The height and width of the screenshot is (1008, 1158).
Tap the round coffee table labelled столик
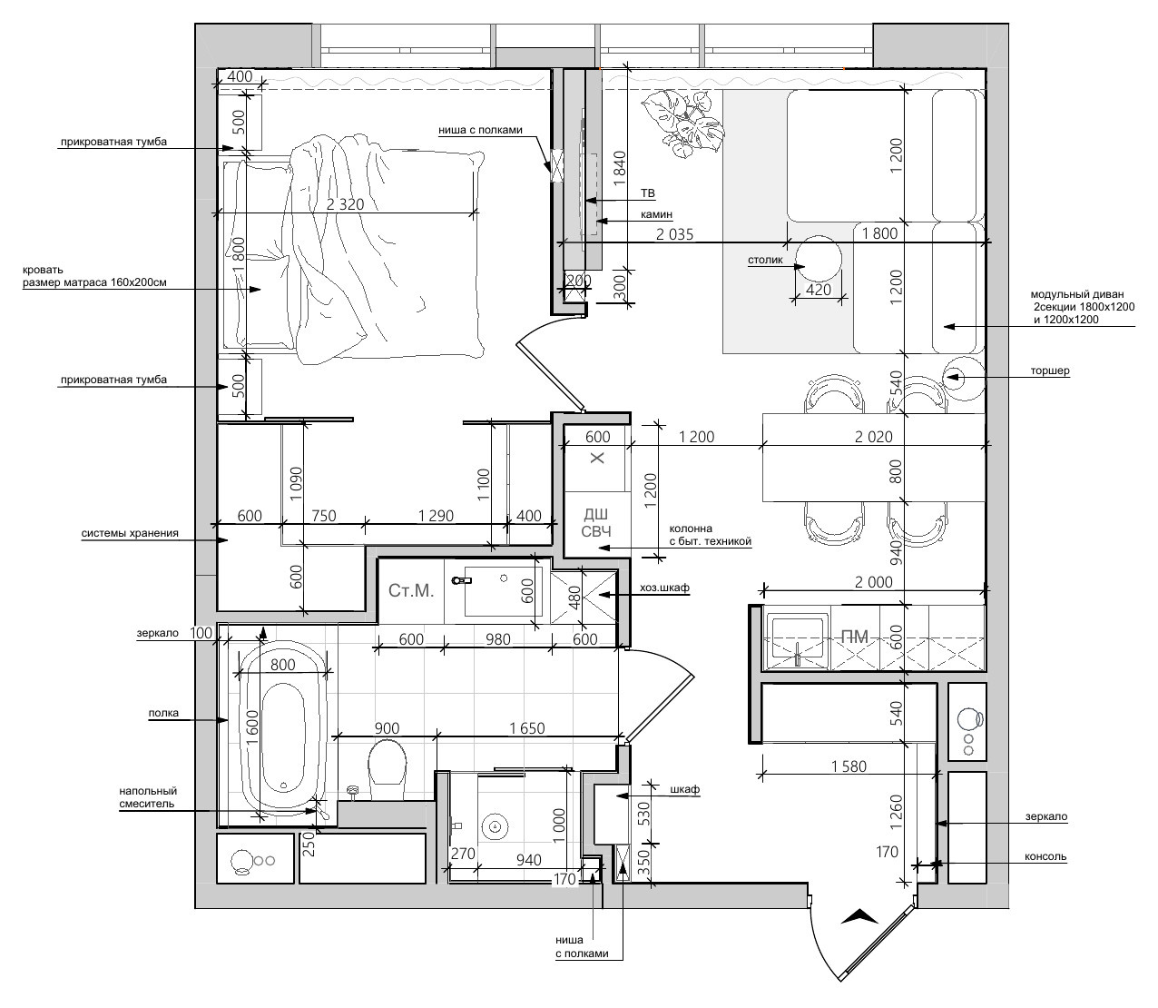click(x=818, y=259)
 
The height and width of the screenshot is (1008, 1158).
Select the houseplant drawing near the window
click(x=683, y=122)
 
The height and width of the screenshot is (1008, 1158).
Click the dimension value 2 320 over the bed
click(x=345, y=203)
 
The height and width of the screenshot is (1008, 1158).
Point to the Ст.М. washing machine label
click(x=411, y=590)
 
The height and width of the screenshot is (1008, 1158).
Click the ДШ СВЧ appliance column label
click(x=596, y=523)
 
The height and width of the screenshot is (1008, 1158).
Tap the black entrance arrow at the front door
click(x=859, y=932)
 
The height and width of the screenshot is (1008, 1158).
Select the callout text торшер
click(x=1050, y=371)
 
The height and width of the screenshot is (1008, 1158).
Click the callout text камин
click(x=656, y=214)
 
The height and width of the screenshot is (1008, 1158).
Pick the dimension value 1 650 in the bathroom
click(x=526, y=728)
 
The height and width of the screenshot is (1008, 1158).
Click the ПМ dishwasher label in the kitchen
click(x=854, y=637)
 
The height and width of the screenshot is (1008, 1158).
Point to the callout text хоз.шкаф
click(x=664, y=588)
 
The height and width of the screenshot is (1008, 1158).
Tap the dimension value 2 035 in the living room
click(x=674, y=234)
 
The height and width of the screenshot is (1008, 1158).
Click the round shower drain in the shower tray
click(x=496, y=827)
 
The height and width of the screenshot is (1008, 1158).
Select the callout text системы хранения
click(x=130, y=533)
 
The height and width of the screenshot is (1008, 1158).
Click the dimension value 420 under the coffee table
click(x=818, y=290)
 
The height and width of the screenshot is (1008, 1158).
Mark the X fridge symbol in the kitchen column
click(x=597, y=458)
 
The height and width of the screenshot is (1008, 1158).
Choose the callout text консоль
click(x=1045, y=857)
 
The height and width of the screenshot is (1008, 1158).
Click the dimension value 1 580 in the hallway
click(x=849, y=766)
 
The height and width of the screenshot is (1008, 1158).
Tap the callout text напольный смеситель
click(x=148, y=797)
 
